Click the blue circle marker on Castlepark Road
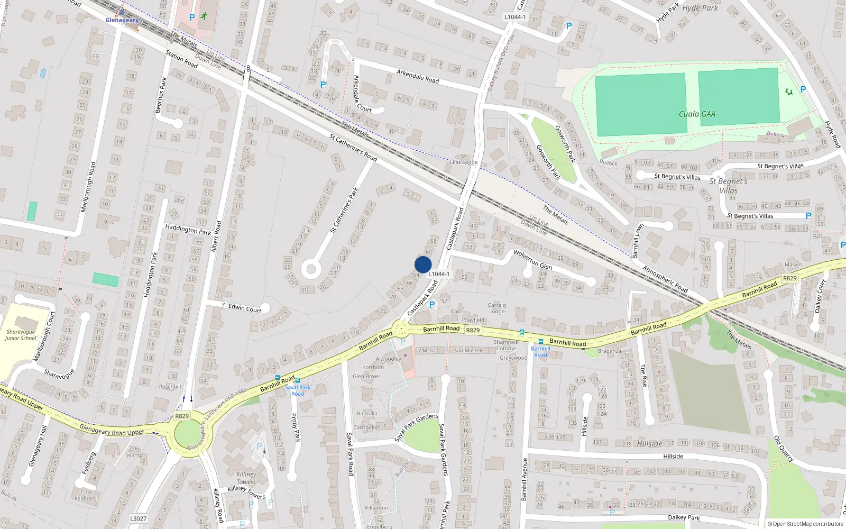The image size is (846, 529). [x=423, y=264]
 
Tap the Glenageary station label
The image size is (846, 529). [x=122, y=20]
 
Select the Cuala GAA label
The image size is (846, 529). [x=697, y=114]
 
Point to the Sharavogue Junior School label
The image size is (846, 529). [x=21, y=335]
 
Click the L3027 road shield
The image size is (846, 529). [x=138, y=518]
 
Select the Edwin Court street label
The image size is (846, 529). [x=245, y=308]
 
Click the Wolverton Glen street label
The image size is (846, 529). [x=532, y=259]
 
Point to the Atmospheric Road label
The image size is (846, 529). [x=665, y=278]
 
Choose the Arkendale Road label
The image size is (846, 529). [x=418, y=76]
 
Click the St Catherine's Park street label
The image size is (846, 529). [x=344, y=210]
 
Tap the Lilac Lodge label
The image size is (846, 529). [x=463, y=162]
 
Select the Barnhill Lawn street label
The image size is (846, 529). [x=638, y=241]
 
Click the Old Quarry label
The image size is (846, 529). [x=784, y=449]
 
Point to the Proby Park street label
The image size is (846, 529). [x=296, y=427]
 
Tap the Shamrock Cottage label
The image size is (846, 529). [x=506, y=345]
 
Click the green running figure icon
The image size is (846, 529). [x=204, y=16]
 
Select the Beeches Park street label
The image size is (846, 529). [x=161, y=95]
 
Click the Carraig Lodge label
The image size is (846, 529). [x=496, y=308]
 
